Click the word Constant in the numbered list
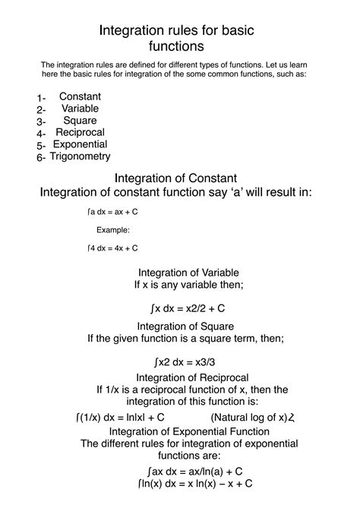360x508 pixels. coord(80,96)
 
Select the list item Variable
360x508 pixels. coord(80,109)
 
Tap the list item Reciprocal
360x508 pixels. coord(80,132)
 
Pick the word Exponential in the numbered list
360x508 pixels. coord(80,144)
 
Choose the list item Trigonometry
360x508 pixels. coord(80,156)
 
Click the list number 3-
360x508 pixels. coord(41,121)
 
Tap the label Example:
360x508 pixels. coord(112,229)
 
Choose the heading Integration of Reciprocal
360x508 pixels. coord(191,377)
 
